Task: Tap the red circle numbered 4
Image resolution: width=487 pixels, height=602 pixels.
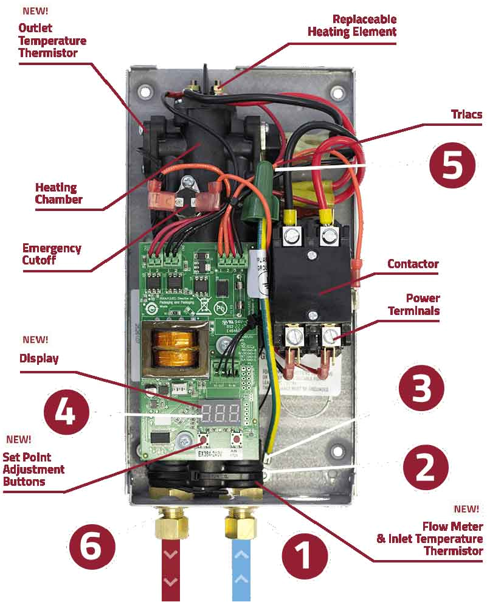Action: (x=66, y=414)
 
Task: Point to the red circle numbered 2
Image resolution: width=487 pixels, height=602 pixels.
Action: (x=425, y=467)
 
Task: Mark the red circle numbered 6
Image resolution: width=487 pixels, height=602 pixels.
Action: (x=92, y=548)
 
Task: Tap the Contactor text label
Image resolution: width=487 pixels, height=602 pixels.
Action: (x=413, y=265)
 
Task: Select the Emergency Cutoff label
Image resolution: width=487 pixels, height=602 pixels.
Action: (x=52, y=254)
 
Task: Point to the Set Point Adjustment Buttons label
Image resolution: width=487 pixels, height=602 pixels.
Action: (x=33, y=469)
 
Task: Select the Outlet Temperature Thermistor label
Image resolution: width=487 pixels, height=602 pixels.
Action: (x=52, y=40)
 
